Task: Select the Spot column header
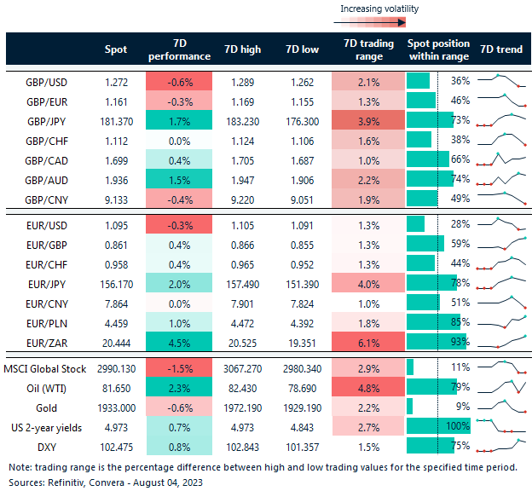pos(115,49)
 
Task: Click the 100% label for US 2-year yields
pos(459,425)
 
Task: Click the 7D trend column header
pos(500,49)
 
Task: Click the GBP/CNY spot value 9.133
pos(115,199)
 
